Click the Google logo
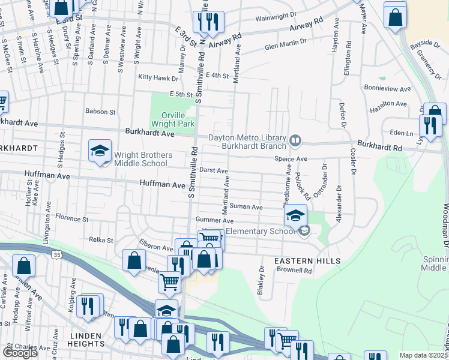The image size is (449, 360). click(x=19, y=353)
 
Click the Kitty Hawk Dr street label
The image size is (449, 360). click(x=158, y=78)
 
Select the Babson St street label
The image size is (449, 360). click(x=100, y=112)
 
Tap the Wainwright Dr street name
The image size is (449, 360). click(x=277, y=19)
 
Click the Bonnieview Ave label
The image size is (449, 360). click(x=387, y=88)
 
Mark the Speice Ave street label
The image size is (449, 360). click(x=291, y=159)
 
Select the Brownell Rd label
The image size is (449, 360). click(x=295, y=271)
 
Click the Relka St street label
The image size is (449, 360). click(x=101, y=240)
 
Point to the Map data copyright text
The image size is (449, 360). click(x=424, y=355)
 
